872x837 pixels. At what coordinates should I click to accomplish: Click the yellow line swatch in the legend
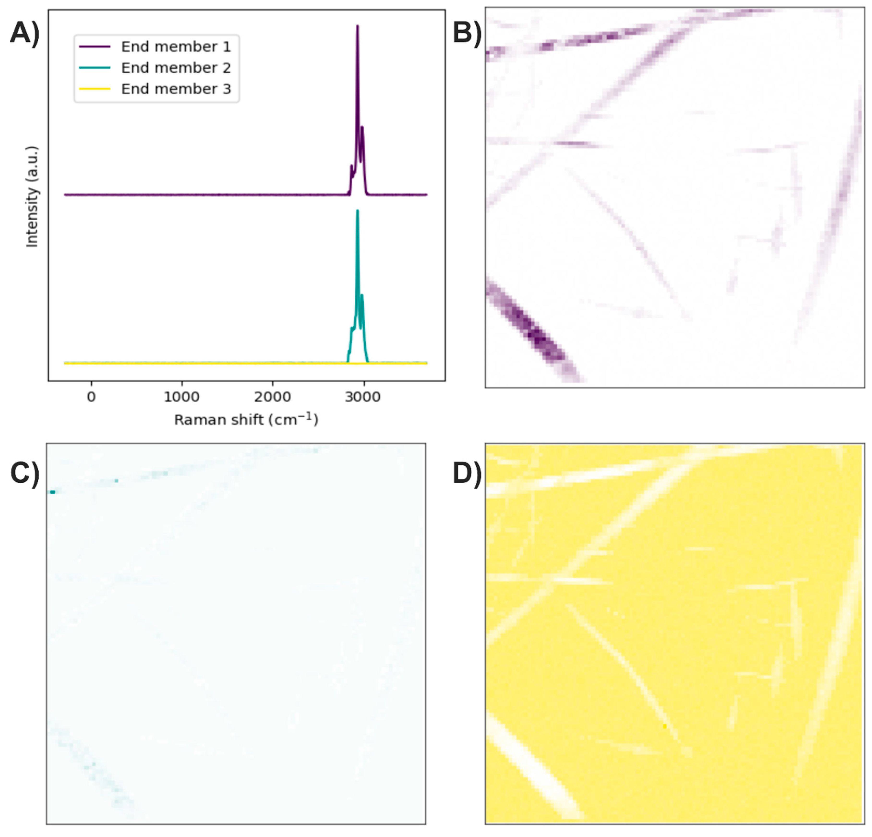[94, 89]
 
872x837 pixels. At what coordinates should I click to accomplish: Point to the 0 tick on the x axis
[91, 397]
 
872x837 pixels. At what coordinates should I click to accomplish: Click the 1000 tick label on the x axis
[181, 397]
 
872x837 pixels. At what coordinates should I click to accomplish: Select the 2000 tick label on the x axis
[272, 397]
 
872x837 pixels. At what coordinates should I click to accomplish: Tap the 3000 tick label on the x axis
[363, 397]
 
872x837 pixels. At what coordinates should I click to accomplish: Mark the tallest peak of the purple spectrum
[357, 27]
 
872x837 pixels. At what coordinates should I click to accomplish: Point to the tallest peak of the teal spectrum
[357, 211]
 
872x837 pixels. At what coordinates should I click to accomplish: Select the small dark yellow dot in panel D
[665, 726]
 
